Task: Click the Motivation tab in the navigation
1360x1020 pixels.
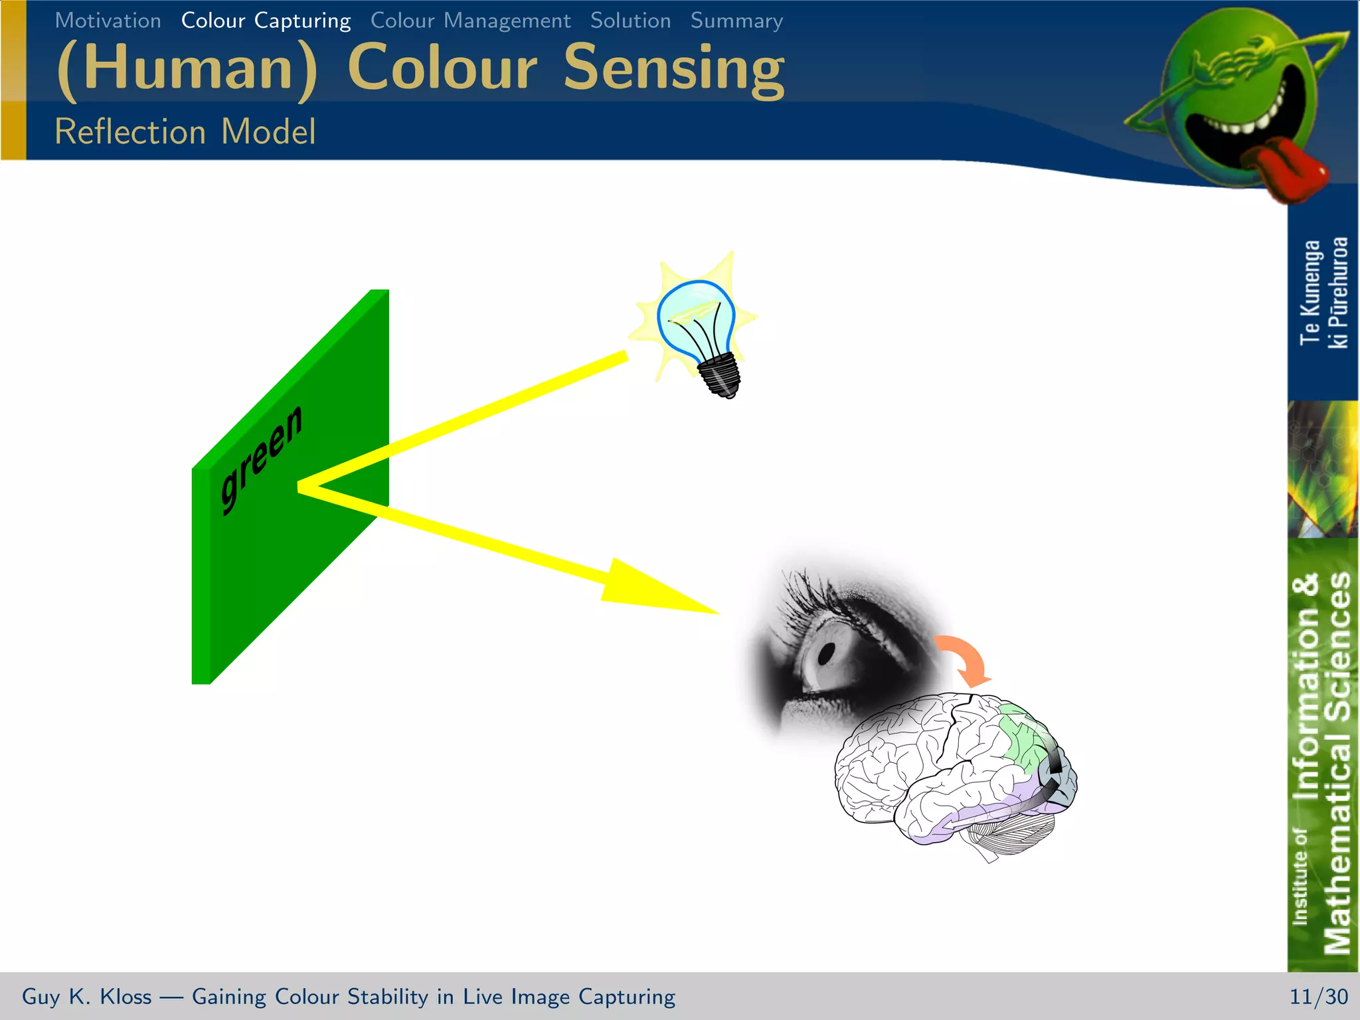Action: pyautogui.click(x=108, y=21)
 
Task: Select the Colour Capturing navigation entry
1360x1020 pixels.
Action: pyautogui.click(x=266, y=21)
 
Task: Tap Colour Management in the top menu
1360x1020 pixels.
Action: pyautogui.click(x=470, y=21)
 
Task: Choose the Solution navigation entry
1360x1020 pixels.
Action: pyautogui.click(x=630, y=21)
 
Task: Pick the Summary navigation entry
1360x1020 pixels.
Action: pyautogui.click(x=736, y=21)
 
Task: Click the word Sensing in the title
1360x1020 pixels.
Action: pyautogui.click(x=673, y=68)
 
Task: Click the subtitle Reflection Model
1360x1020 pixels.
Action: pyautogui.click(x=185, y=131)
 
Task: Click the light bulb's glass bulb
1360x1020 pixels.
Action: pyautogui.click(x=695, y=316)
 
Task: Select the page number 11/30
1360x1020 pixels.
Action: pyautogui.click(x=1318, y=996)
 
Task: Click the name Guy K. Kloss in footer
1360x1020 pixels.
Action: pyautogui.click(x=86, y=996)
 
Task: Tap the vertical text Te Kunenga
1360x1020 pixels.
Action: pyautogui.click(x=1310, y=292)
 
